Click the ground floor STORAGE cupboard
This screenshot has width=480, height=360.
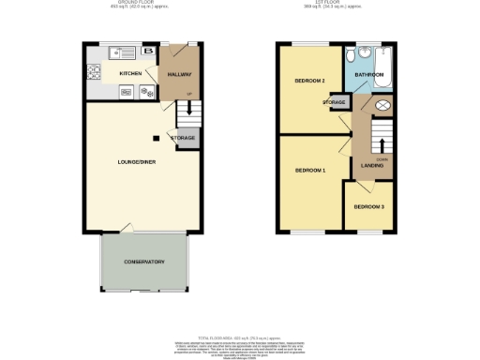pos(183,138)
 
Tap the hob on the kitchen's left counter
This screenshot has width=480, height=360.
pos(93,70)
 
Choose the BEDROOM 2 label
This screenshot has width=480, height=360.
pos(309,82)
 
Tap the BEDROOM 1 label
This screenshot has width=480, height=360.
pos(309,170)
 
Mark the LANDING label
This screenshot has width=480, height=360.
pos(371,166)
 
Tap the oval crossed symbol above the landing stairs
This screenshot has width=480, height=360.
pos(382,106)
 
